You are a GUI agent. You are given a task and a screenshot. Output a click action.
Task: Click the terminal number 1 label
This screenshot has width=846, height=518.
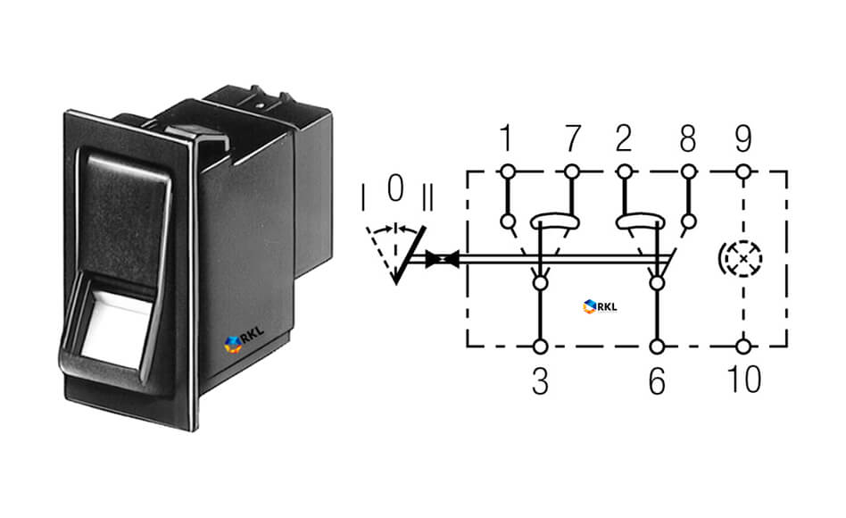(x=506, y=138)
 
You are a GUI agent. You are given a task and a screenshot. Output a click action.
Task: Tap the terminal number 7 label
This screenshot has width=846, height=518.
(x=572, y=138)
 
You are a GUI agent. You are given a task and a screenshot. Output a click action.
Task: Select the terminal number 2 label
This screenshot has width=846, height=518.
(x=624, y=138)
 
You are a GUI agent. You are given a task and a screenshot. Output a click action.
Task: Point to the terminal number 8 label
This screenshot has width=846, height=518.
(x=688, y=138)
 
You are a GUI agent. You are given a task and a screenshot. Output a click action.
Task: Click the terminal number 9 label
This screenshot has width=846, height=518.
(x=743, y=138)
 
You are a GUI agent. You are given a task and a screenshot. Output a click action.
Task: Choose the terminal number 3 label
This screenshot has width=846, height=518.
(x=540, y=381)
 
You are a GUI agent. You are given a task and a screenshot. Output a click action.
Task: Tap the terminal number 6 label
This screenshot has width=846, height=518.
(x=657, y=381)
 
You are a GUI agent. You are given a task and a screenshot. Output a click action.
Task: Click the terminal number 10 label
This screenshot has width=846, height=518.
(x=744, y=380)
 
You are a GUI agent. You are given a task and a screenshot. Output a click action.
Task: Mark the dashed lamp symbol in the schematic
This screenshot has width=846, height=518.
(x=742, y=259)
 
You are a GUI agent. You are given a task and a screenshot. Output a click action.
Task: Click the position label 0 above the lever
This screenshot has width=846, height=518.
(x=395, y=188)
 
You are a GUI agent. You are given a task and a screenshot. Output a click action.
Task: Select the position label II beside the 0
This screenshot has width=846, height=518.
(x=427, y=197)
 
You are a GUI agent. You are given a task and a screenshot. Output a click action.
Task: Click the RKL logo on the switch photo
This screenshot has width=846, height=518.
(x=245, y=339)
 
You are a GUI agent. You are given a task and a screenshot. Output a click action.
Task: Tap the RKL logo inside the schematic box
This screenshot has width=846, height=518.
(x=600, y=306)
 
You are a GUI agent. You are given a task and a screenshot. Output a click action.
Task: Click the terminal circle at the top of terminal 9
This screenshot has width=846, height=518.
(x=743, y=172)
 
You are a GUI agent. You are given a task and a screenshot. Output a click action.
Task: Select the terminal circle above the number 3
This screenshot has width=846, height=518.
(x=540, y=347)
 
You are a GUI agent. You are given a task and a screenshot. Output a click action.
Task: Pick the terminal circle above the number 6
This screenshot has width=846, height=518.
(x=657, y=347)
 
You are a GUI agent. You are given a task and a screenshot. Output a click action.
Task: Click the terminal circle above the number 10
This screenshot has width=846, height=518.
(x=743, y=347)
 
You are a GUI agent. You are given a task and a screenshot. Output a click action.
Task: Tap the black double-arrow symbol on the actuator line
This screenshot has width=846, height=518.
(x=443, y=259)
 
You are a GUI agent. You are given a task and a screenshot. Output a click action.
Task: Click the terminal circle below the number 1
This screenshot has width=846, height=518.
(x=507, y=172)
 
